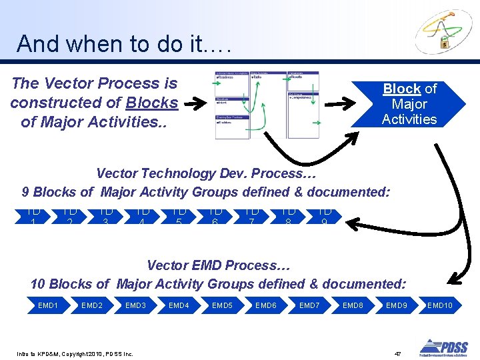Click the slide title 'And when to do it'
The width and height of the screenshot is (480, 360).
click(x=124, y=44)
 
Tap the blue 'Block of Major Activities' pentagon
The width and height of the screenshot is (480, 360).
click(x=409, y=104)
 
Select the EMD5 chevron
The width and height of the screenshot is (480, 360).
click(x=222, y=305)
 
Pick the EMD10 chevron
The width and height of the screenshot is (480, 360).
click(x=439, y=305)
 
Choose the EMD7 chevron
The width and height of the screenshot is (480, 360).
click(x=309, y=305)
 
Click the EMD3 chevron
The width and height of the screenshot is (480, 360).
click(x=135, y=305)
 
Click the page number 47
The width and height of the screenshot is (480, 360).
click(x=397, y=353)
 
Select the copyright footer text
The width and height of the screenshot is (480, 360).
click(x=75, y=353)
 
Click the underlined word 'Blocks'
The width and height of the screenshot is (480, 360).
click(x=152, y=103)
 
